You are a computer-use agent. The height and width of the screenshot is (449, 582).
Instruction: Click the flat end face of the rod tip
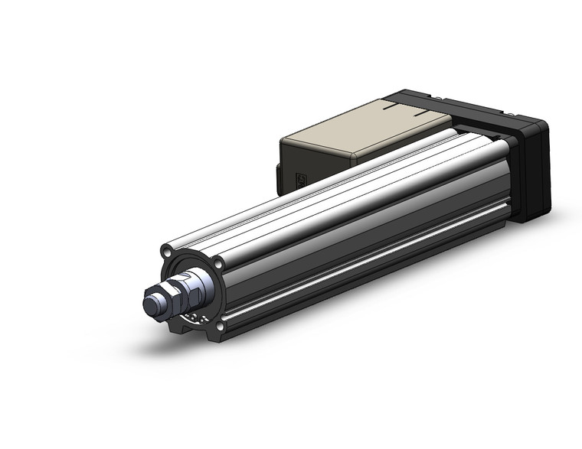click(x=151, y=304)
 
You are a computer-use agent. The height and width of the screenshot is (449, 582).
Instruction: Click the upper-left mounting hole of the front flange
click(x=167, y=252)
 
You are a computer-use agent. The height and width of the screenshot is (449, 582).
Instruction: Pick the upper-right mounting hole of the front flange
click(x=220, y=265)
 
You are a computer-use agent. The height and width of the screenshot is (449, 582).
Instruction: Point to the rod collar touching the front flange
click(x=202, y=286)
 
